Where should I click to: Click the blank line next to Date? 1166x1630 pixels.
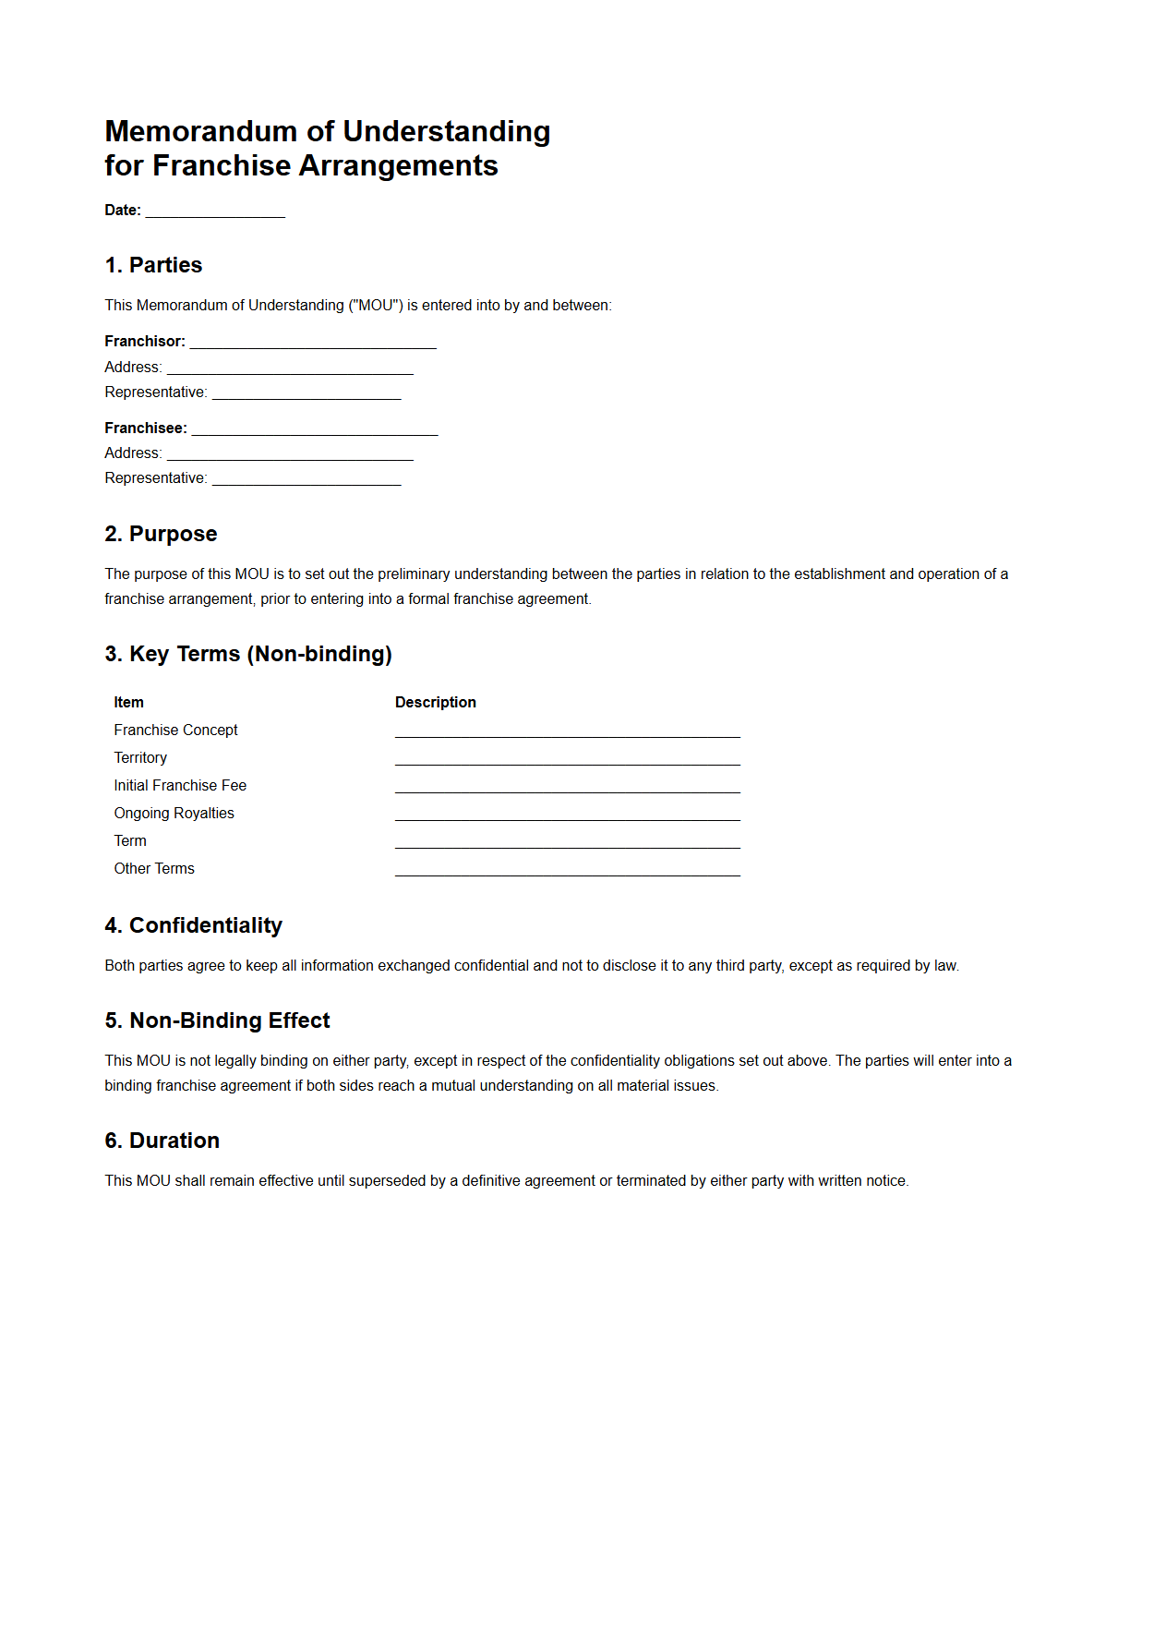point(215,211)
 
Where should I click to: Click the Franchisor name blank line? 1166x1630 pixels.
point(312,343)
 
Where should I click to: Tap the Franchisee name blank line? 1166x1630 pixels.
point(314,429)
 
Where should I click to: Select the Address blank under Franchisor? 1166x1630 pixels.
point(290,368)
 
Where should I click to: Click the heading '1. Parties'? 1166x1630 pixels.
point(153,266)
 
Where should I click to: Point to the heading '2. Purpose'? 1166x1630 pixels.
point(161,535)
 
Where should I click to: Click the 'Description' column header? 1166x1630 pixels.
point(435,703)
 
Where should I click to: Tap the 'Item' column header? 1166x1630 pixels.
point(128,703)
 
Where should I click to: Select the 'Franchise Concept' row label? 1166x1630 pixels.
point(175,730)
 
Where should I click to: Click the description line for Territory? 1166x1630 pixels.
point(567,760)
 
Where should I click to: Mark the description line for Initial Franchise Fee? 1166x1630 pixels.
point(567,788)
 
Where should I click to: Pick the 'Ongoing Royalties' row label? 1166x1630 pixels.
point(174,814)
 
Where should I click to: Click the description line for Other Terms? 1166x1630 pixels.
point(567,871)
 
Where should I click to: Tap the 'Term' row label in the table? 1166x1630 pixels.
point(130,841)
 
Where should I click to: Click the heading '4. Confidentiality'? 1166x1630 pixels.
point(193,926)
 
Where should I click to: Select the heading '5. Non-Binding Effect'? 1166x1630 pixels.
point(217,1021)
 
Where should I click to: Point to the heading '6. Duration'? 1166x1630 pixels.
point(162,1141)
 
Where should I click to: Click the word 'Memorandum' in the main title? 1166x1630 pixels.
point(200,132)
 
